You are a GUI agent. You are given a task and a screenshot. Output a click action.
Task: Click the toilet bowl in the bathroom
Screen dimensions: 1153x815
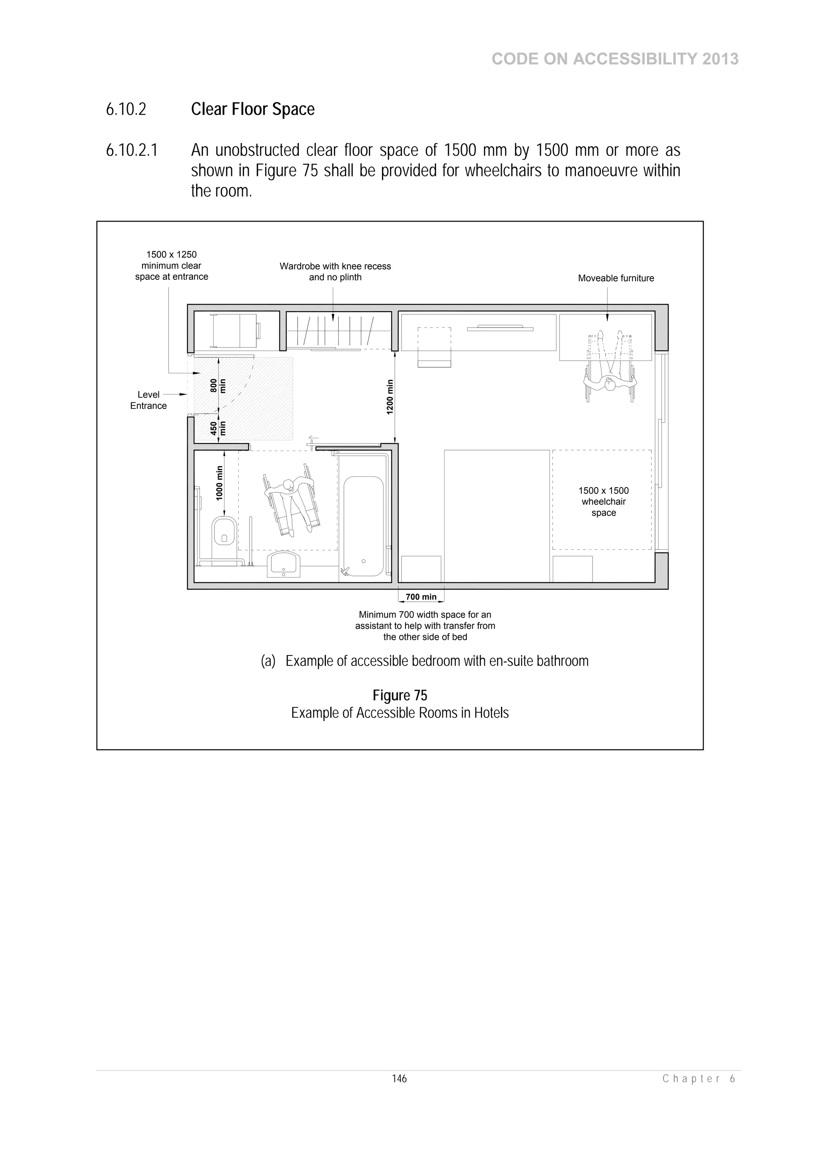coord(224,533)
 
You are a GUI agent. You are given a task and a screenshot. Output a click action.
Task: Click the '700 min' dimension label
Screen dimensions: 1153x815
coord(421,597)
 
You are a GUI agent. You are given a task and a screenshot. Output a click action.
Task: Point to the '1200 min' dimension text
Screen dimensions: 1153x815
coord(390,397)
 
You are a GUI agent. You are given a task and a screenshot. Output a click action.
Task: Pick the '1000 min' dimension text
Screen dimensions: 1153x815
coord(219,483)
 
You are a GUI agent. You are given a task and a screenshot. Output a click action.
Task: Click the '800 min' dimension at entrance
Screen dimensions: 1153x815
coord(218,386)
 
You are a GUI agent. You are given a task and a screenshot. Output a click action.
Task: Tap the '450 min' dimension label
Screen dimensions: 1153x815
coord(218,428)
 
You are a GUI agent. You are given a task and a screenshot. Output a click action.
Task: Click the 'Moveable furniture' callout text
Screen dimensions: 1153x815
coord(616,278)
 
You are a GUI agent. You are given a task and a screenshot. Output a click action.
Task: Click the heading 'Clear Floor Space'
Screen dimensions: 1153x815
coord(253,109)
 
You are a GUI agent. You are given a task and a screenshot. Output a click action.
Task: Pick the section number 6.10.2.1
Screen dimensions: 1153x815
coord(132,150)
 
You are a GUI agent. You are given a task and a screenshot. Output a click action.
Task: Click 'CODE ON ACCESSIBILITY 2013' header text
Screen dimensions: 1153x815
coord(615,59)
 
